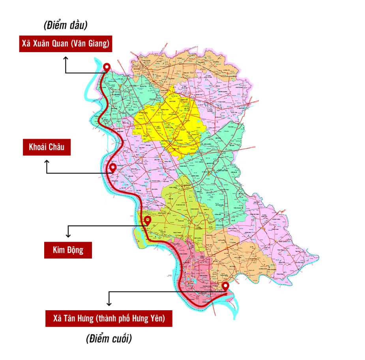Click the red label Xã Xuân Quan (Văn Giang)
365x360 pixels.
66,44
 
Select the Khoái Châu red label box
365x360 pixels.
47,148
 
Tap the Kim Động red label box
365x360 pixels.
68,250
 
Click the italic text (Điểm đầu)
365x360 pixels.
66,25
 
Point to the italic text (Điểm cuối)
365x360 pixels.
109,339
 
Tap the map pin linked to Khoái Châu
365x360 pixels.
113,168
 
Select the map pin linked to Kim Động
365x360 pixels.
147,220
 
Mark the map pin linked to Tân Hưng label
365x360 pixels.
225,286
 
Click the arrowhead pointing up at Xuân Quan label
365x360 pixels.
66,58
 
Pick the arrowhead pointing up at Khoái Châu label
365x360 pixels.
47,162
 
